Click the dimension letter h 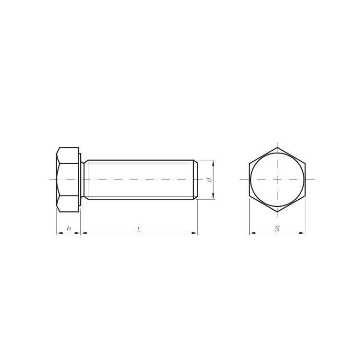(x=69, y=228)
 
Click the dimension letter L (x=139, y=228)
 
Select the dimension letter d (x=209, y=180)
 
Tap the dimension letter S (x=277, y=228)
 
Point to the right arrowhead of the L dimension (x=195, y=233)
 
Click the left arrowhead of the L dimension (x=84, y=233)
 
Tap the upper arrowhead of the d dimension (x=213, y=163)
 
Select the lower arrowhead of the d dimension (x=213, y=196)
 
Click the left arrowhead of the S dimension (x=252, y=233)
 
